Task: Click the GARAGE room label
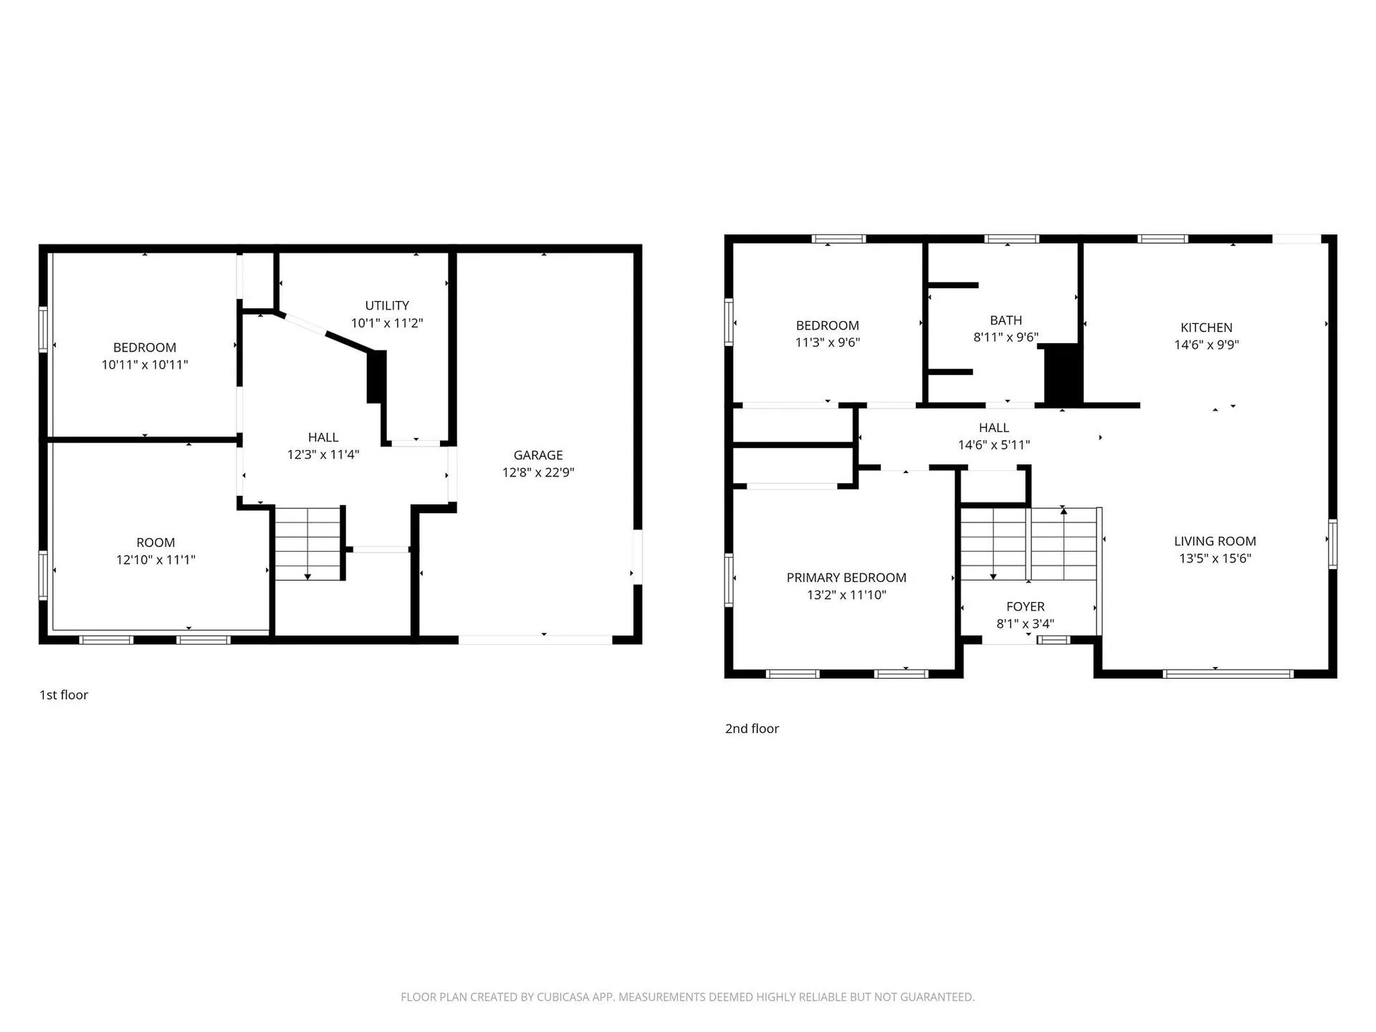[537, 455]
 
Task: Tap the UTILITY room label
[387, 305]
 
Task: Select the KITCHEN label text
[1206, 328]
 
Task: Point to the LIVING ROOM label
[1215, 541]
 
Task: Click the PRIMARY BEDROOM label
[846, 578]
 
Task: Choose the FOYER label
[1026, 606]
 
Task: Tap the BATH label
[1006, 320]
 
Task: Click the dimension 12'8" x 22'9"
[538, 472]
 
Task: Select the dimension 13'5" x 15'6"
[1215, 558]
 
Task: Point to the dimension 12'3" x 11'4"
[323, 454]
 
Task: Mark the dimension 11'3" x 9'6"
[827, 343]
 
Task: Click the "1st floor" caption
[64, 695]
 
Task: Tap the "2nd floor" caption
[752, 729]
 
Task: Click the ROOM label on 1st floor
[156, 543]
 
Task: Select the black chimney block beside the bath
[1062, 374]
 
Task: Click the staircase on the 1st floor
[308, 543]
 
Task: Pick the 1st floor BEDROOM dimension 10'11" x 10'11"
[145, 365]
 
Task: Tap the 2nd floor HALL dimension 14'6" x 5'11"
[994, 445]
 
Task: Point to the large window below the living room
[1228, 674]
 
